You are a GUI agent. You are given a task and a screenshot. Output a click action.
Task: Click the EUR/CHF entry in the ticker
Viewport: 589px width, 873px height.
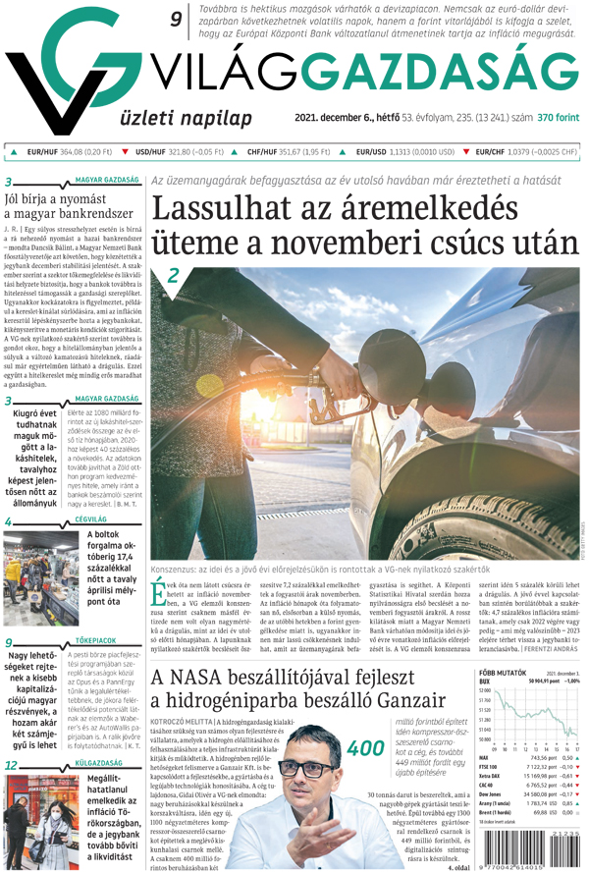526,152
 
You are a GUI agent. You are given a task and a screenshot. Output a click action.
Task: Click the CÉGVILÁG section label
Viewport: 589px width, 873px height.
90,518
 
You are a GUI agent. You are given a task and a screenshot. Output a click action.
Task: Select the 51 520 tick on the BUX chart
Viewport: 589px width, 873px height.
485,707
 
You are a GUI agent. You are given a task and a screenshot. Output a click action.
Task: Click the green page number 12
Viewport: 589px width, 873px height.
10,763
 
